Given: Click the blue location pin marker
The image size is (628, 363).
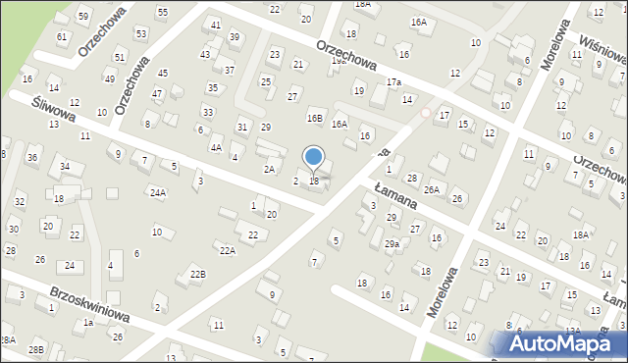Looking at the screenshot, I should coord(314,158).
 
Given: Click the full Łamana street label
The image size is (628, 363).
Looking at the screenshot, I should coord(396,195).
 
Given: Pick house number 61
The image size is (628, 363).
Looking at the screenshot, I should coord(63,36).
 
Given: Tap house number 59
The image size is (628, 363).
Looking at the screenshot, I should coord(83,17).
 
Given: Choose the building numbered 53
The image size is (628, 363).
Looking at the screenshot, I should coord(141,33).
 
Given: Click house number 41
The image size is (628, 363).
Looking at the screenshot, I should coord(215,24).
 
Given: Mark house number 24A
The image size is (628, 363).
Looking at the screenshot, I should coord(157,193).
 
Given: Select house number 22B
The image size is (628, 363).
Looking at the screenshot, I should coord(198,274).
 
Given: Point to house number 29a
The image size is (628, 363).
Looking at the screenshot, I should coord(391,243).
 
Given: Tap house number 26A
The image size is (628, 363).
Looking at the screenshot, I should coord(431,189).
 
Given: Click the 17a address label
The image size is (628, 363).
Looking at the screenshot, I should coord(393,81).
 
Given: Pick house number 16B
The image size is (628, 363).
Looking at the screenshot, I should coord(314,118).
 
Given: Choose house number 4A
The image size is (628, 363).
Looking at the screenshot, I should coord(215,147).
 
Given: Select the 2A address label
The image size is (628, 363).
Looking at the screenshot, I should coord(268,169).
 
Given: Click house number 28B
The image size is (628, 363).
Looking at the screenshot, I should coord(36,349).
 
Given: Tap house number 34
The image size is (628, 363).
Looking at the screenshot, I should coord(65,166).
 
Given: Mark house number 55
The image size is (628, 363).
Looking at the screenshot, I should coord(162,12).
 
